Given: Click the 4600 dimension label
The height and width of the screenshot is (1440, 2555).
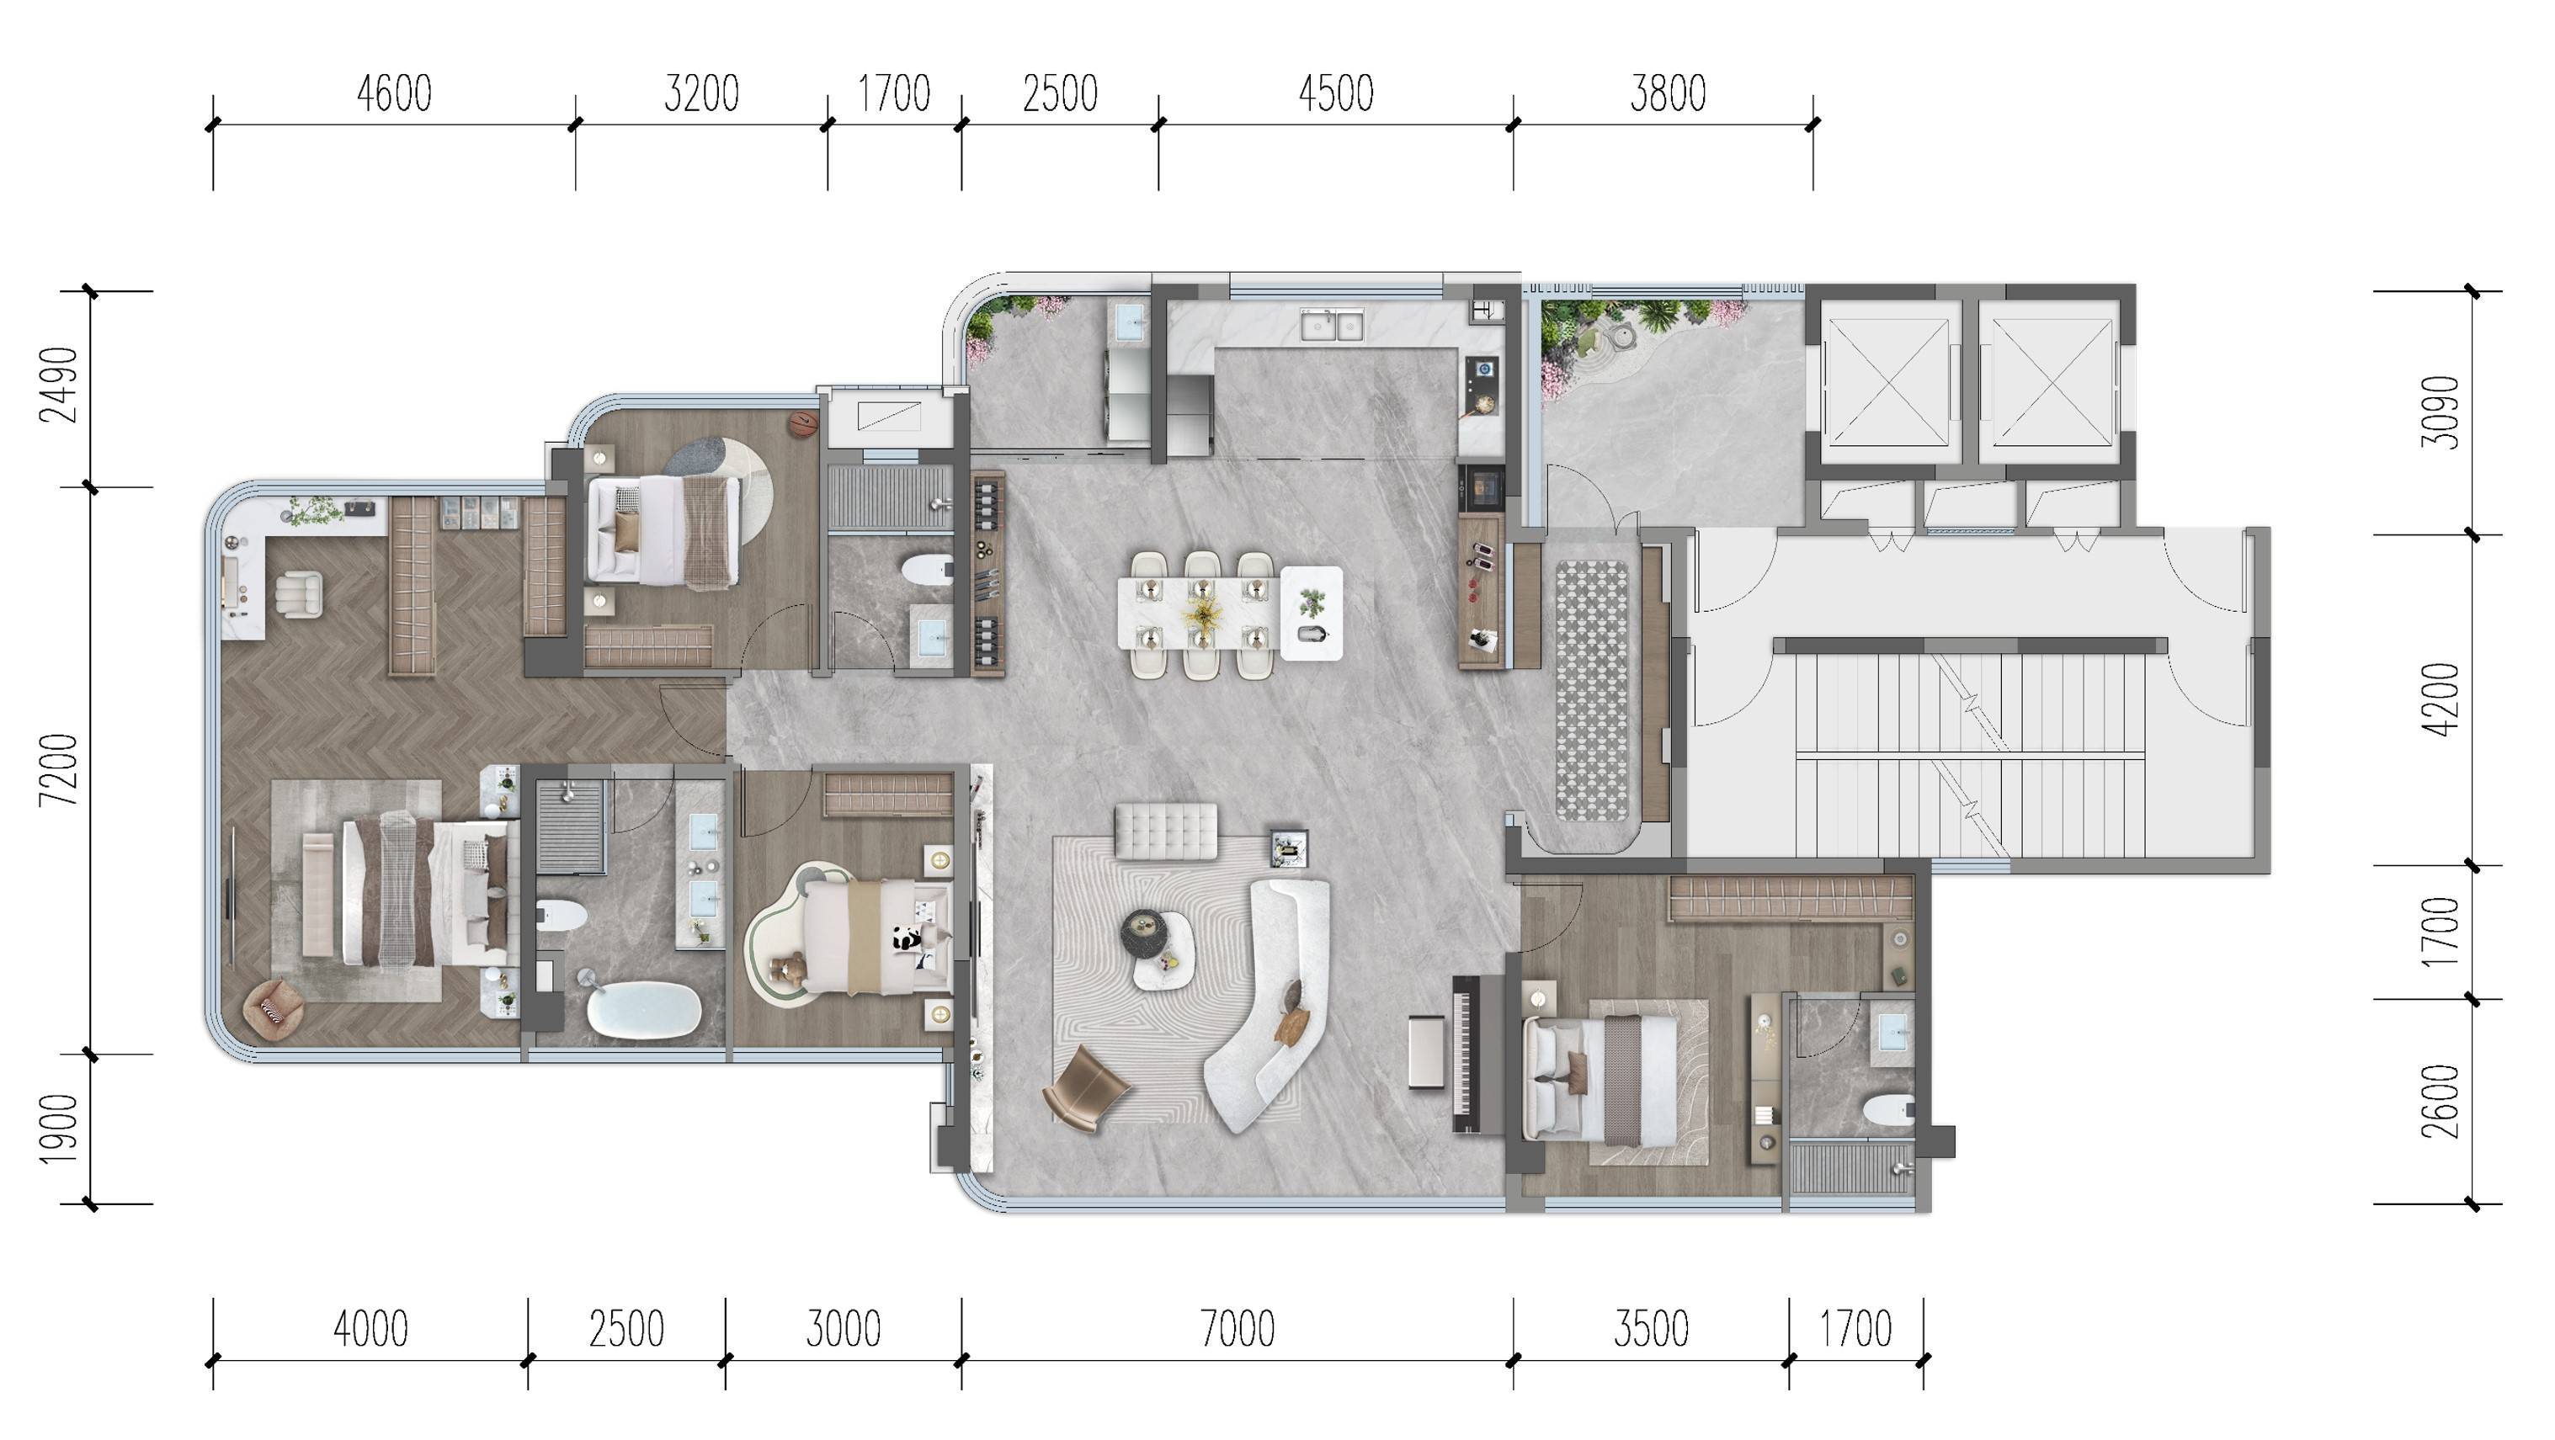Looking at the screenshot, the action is click(394, 94).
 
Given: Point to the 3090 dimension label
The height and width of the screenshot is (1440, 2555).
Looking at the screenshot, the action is click(2440, 412).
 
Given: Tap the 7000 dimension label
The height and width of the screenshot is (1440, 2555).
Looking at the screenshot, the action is click(1237, 1329).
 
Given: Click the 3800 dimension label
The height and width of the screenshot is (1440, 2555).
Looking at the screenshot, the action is click(1668, 94).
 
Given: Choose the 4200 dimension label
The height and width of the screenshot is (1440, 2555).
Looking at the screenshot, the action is click(2440, 699).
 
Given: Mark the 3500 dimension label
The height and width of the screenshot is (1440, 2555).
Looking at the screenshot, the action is click(1650, 1329).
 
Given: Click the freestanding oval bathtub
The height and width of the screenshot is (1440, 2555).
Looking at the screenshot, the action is click(645, 1011).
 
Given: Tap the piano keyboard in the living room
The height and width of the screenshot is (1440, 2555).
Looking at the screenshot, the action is click(1466, 1053).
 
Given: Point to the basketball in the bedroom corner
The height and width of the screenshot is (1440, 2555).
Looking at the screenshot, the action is click(802, 424).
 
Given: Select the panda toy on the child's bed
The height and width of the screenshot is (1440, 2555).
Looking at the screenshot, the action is click(907, 938).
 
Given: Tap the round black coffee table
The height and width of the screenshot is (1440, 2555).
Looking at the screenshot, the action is click(1147, 933).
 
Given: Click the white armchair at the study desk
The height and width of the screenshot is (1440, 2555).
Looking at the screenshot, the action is click(300, 594).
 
